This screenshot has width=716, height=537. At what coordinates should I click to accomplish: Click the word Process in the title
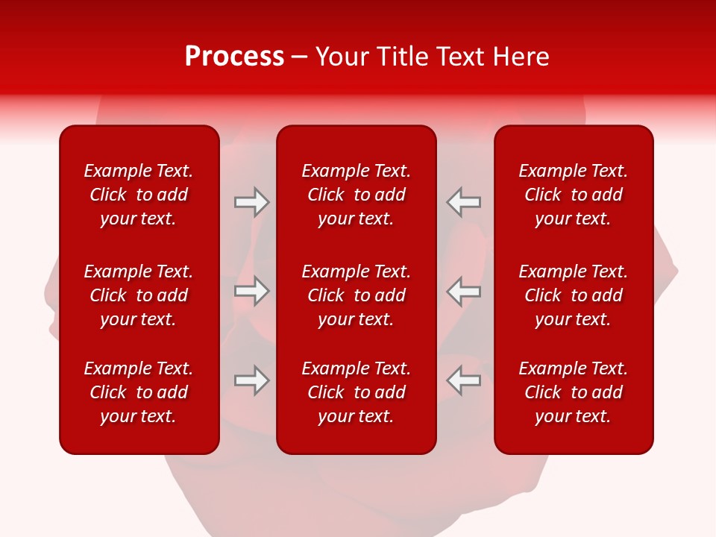click(234, 57)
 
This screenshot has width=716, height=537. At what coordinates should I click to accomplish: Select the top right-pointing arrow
click(251, 202)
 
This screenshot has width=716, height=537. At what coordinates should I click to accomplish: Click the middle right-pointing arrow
click(251, 291)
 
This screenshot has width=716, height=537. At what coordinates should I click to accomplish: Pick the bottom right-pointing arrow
click(251, 380)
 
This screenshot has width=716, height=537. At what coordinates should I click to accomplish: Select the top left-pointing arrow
click(464, 202)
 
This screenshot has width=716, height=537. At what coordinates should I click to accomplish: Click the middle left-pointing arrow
click(464, 291)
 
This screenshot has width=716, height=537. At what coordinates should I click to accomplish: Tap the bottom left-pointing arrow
click(464, 380)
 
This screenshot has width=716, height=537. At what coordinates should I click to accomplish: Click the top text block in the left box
click(139, 195)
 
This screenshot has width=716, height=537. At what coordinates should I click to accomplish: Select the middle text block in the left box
click(139, 295)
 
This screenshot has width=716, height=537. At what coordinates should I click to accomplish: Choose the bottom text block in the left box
click(139, 392)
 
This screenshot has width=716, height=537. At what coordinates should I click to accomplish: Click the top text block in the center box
click(357, 195)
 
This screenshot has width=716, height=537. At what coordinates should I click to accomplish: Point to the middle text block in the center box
click(357, 295)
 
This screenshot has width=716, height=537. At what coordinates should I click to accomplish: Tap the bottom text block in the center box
click(357, 392)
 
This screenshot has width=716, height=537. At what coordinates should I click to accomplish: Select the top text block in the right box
click(574, 195)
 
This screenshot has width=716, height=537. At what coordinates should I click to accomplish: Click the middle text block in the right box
click(574, 295)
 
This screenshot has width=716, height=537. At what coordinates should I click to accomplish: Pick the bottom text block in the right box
click(574, 392)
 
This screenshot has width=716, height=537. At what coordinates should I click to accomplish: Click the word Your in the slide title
click(341, 57)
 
